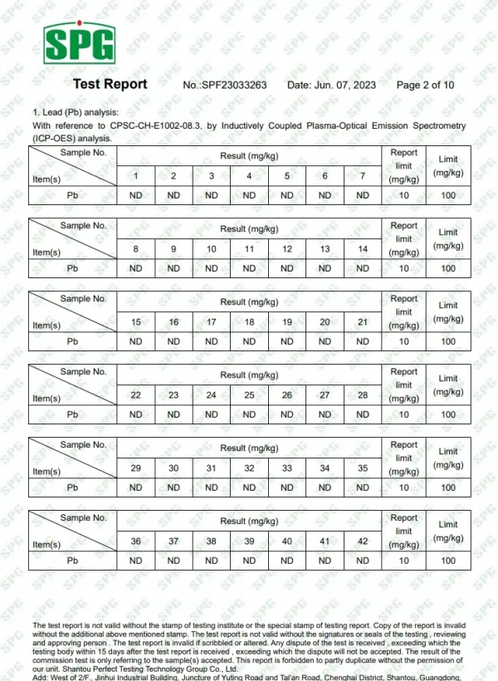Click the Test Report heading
coord(110,84)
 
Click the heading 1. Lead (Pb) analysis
coord(76,112)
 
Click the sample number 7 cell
coord(363,176)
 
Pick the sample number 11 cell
coord(249,249)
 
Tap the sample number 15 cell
coord(136,322)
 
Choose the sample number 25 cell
coord(249,395)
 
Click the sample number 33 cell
coord(287,468)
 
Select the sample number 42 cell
coord(363,541)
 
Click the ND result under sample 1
coord(136,195)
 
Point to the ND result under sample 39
coord(249,561)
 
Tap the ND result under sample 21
coord(363,341)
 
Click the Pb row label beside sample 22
coord(72,414)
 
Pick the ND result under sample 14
coord(363,268)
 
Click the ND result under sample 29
coord(136,487)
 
